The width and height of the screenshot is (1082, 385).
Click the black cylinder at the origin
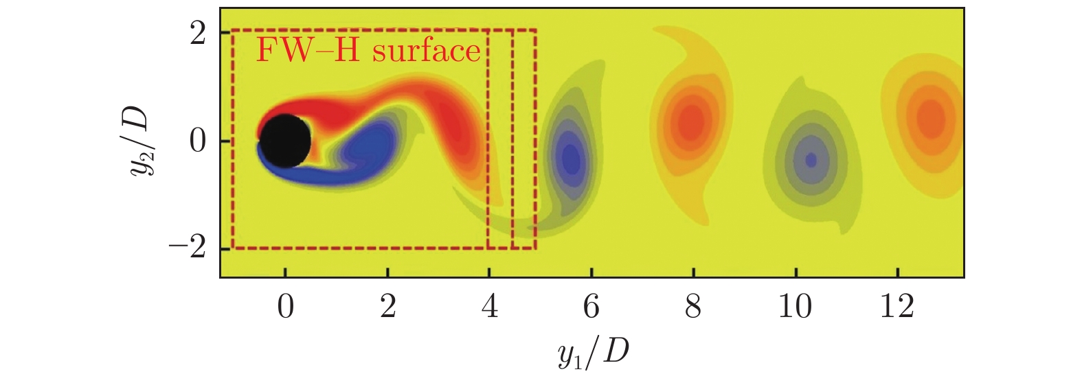[x=284, y=141]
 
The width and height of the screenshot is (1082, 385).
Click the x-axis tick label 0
[x=285, y=307]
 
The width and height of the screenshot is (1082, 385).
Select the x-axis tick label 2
[x=387, y=307]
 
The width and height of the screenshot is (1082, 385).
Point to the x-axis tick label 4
[x=489, y=307]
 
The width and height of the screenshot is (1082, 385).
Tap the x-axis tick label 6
[x=591, y=307]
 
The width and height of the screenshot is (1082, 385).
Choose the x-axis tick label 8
[x=693, y=307]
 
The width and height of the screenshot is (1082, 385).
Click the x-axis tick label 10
[x=795, y=307]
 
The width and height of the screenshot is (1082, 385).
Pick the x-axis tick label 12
[x=897, y=307]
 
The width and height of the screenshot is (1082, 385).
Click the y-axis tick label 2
[x=198, y=33]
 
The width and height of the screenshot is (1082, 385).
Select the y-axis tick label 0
[x=198, y=141]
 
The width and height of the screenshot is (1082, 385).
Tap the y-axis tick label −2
[x=188, y=248]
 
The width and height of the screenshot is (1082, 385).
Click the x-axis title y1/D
[x=594, y=354]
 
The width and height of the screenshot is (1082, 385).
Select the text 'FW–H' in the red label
[x=308, y=51]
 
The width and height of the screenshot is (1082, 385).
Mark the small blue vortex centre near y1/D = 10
[x=811, y=160]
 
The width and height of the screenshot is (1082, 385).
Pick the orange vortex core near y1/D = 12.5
[x=931, y=117]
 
